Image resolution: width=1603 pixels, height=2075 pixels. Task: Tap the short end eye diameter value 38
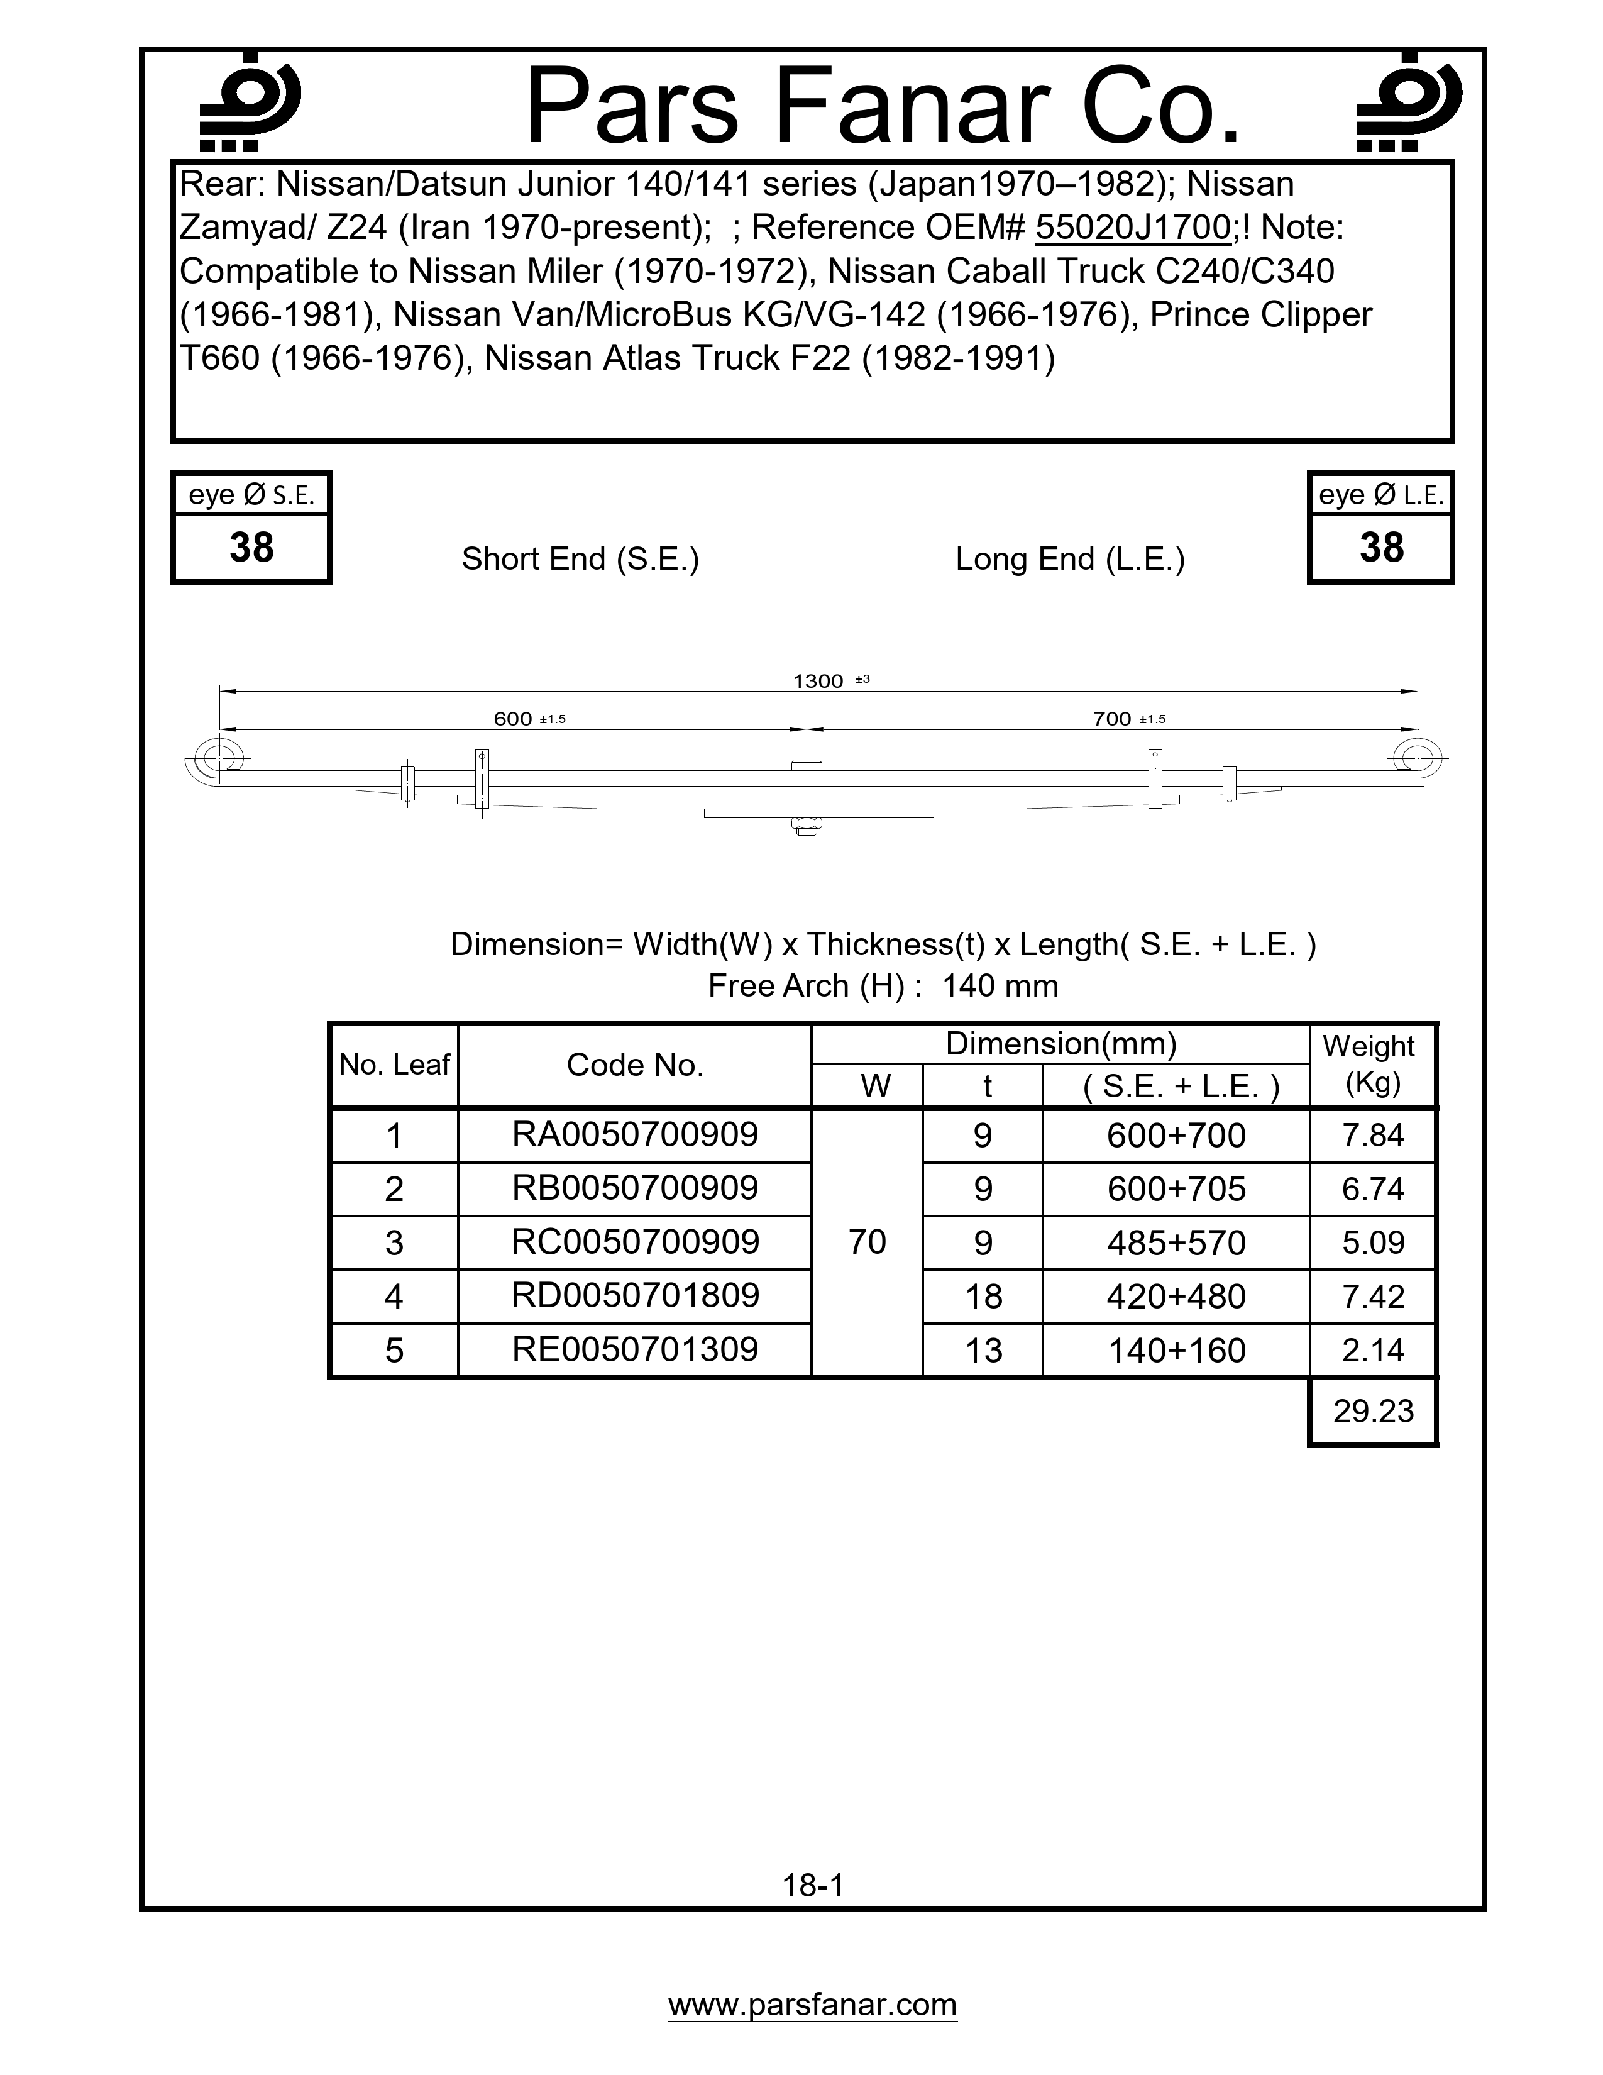[251, 548]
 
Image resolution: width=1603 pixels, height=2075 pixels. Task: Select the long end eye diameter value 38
[1381, 548]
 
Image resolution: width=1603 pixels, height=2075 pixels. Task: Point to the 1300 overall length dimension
[818, 681]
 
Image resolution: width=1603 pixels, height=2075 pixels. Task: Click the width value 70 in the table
[867, 1242]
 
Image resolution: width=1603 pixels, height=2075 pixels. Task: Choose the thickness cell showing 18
[983, 1297]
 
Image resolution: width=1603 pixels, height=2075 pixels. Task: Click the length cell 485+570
[1176, 1242]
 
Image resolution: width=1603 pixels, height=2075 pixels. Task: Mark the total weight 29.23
[1373, 1411]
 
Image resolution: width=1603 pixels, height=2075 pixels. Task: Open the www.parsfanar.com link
[812, 2005]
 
